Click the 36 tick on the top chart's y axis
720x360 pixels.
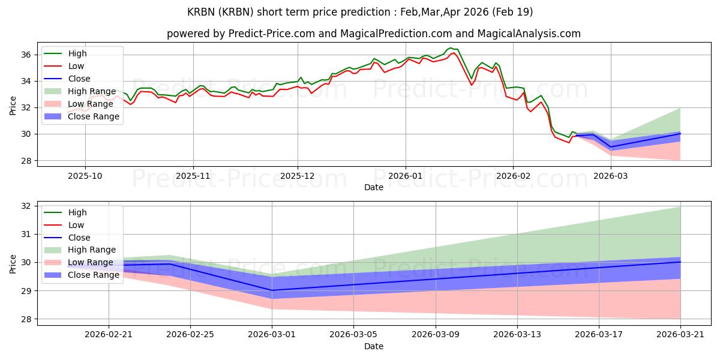[x=26, y=55]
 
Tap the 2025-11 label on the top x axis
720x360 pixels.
[x=193, y=176]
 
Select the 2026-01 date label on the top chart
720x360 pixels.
[x=406, y=176]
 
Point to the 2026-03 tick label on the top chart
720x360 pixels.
[x=610, y=176]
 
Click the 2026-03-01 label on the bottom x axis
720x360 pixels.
[x=272, y=334]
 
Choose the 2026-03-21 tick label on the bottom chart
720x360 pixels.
[x=680, y=334]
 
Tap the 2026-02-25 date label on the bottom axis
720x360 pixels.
[x=190, y=334]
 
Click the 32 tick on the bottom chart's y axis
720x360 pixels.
[x=26, y=206]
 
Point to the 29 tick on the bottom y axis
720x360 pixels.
[x=26, y=291]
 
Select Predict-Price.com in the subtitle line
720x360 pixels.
[x=272, y=34]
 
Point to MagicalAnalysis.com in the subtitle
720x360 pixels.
[x=529, y=34]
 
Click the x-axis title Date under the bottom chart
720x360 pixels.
[x=373, y=346]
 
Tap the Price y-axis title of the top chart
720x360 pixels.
[x=13, y=106]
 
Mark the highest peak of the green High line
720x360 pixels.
[x=451, y=48]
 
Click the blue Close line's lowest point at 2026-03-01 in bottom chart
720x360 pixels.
[x=272, y=290]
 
